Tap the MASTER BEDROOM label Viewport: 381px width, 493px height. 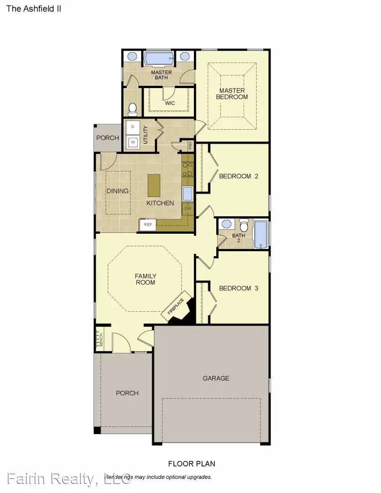(232, 94)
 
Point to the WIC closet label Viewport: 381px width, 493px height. (169, 103)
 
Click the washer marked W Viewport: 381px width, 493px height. (133, 142)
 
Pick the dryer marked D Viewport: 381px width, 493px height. (133, 126)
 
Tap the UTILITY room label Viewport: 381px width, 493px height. (146, 135)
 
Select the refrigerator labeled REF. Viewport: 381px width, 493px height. (148, 224)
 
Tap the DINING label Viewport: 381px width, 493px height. (118, 191)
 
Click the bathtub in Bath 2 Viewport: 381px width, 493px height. (261, 235)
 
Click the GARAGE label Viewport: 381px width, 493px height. (216, 378)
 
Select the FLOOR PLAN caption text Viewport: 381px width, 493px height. (192, 464)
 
